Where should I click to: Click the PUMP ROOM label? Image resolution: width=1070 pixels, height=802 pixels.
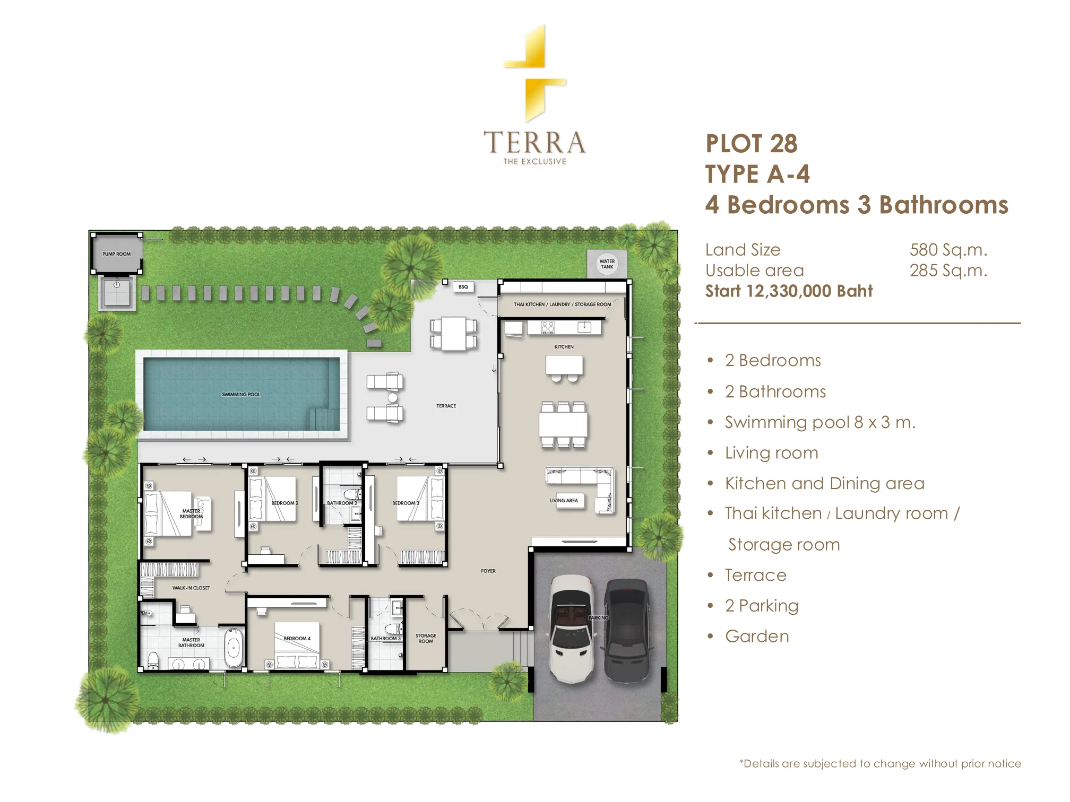117,254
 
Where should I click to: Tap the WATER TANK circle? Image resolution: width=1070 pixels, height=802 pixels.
607,264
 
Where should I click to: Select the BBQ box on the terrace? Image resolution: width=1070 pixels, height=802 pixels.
463,287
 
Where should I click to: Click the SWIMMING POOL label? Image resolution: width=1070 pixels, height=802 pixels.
241,395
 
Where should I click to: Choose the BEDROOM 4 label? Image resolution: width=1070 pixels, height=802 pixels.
297,639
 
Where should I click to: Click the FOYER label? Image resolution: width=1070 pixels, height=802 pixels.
488,571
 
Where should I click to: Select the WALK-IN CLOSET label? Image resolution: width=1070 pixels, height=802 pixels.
191,588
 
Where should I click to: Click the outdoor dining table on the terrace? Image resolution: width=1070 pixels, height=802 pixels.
453,334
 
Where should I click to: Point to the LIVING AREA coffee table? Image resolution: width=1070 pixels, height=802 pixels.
564,501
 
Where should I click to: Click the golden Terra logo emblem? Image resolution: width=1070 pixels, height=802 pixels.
535,73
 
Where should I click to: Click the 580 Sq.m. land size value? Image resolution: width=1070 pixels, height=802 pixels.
948,250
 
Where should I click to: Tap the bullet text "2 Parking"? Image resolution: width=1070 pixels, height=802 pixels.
762,606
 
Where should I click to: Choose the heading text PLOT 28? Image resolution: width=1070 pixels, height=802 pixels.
752,144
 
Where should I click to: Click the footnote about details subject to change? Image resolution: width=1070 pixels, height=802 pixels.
880,764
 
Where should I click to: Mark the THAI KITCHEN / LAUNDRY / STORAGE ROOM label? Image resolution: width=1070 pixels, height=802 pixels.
563,305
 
